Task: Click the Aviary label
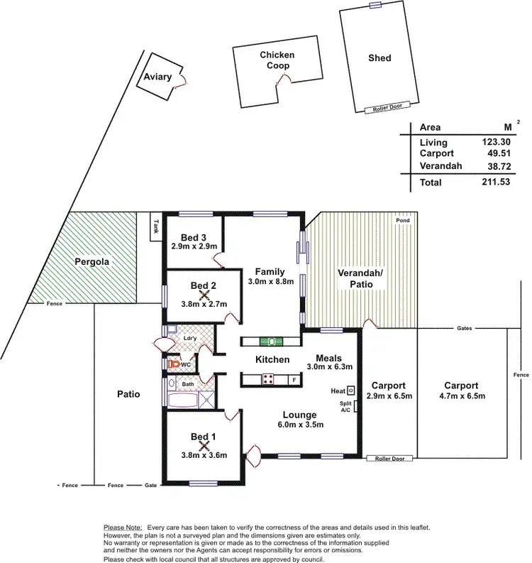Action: coord(157,77)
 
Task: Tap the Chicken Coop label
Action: coord(277,60)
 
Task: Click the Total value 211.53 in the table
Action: coord(496,182)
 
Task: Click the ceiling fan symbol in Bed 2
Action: coord(204,295)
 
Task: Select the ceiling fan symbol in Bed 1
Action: coord(204,447)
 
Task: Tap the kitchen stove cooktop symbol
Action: coord(269,378)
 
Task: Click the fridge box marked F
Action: coord(294,380)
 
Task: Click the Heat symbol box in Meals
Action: coord(350,390)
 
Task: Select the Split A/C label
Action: coord(345,408)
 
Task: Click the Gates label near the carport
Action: coord(465,329)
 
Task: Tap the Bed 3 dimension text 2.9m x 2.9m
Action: coord(194,246)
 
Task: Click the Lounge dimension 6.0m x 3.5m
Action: coord(301,425)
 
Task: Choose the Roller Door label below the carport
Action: coord(389,459)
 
